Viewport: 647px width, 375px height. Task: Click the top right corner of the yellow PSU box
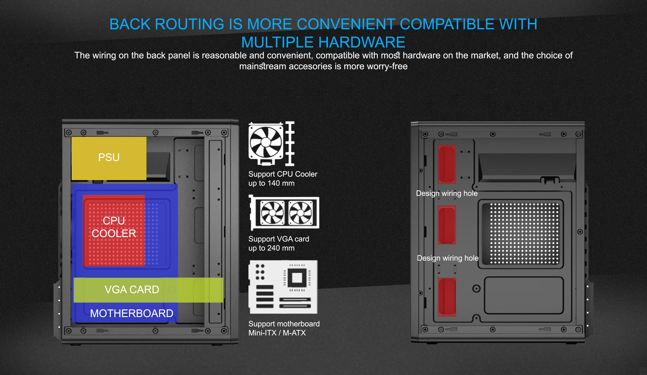click(x=146, y=137)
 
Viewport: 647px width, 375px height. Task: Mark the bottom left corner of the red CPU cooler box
click(x=83, y=266)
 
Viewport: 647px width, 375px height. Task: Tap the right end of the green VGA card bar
click(x=223, y=290)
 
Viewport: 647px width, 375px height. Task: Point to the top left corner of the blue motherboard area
click(x=72, y=184)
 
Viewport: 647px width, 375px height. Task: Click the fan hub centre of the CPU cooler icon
click(x=266, y=142)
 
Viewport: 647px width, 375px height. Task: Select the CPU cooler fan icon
click(x=271, y=144)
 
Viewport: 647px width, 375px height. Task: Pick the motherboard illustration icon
click(x=283, y=287)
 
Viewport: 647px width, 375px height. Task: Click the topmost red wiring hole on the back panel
click(x=447, y=164)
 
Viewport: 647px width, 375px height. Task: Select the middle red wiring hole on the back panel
click(x=447, y=225)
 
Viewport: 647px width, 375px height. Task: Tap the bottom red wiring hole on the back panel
click(x=447, y=297)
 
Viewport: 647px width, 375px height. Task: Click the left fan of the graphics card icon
click(x=272, y=213)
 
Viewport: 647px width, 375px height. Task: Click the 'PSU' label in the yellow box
click(x=109, y=157)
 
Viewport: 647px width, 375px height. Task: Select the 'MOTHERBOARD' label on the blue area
click(x=132, y=313)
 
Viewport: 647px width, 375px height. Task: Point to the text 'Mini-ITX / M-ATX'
click(x=277, y=333)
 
